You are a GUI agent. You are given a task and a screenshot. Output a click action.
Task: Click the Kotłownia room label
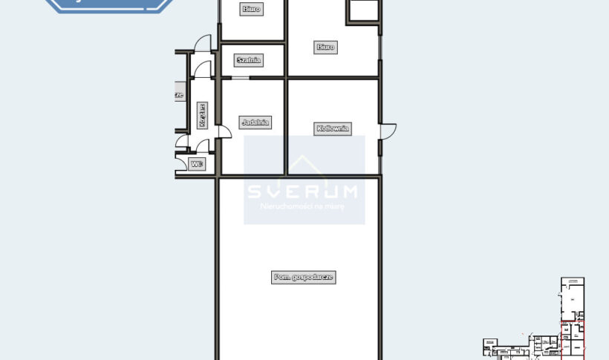[x=332, y=128]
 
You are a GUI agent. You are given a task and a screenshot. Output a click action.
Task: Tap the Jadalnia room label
[x=255, y=122]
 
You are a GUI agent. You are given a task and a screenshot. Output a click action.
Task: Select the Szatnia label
[x=248, y=60]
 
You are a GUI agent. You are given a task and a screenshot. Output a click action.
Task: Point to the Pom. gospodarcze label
[x=304, y=277]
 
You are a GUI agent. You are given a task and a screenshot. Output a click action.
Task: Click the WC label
[x=197, y=164]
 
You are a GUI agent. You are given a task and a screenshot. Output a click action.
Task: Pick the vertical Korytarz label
[x=202, y=116]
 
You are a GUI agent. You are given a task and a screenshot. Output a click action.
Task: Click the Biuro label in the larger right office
[x=325, y=47]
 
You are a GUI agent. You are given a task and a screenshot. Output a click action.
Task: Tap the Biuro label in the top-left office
[x=251, y=9]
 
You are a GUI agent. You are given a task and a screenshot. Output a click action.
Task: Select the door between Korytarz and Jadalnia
[x=223, y=131]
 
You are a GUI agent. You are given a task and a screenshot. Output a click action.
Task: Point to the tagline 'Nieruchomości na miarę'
[x=303, y=206]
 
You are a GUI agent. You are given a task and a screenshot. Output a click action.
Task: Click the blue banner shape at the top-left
[x=111, y=4]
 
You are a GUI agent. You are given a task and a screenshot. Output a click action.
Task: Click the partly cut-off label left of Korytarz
[x=178, y=95]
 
